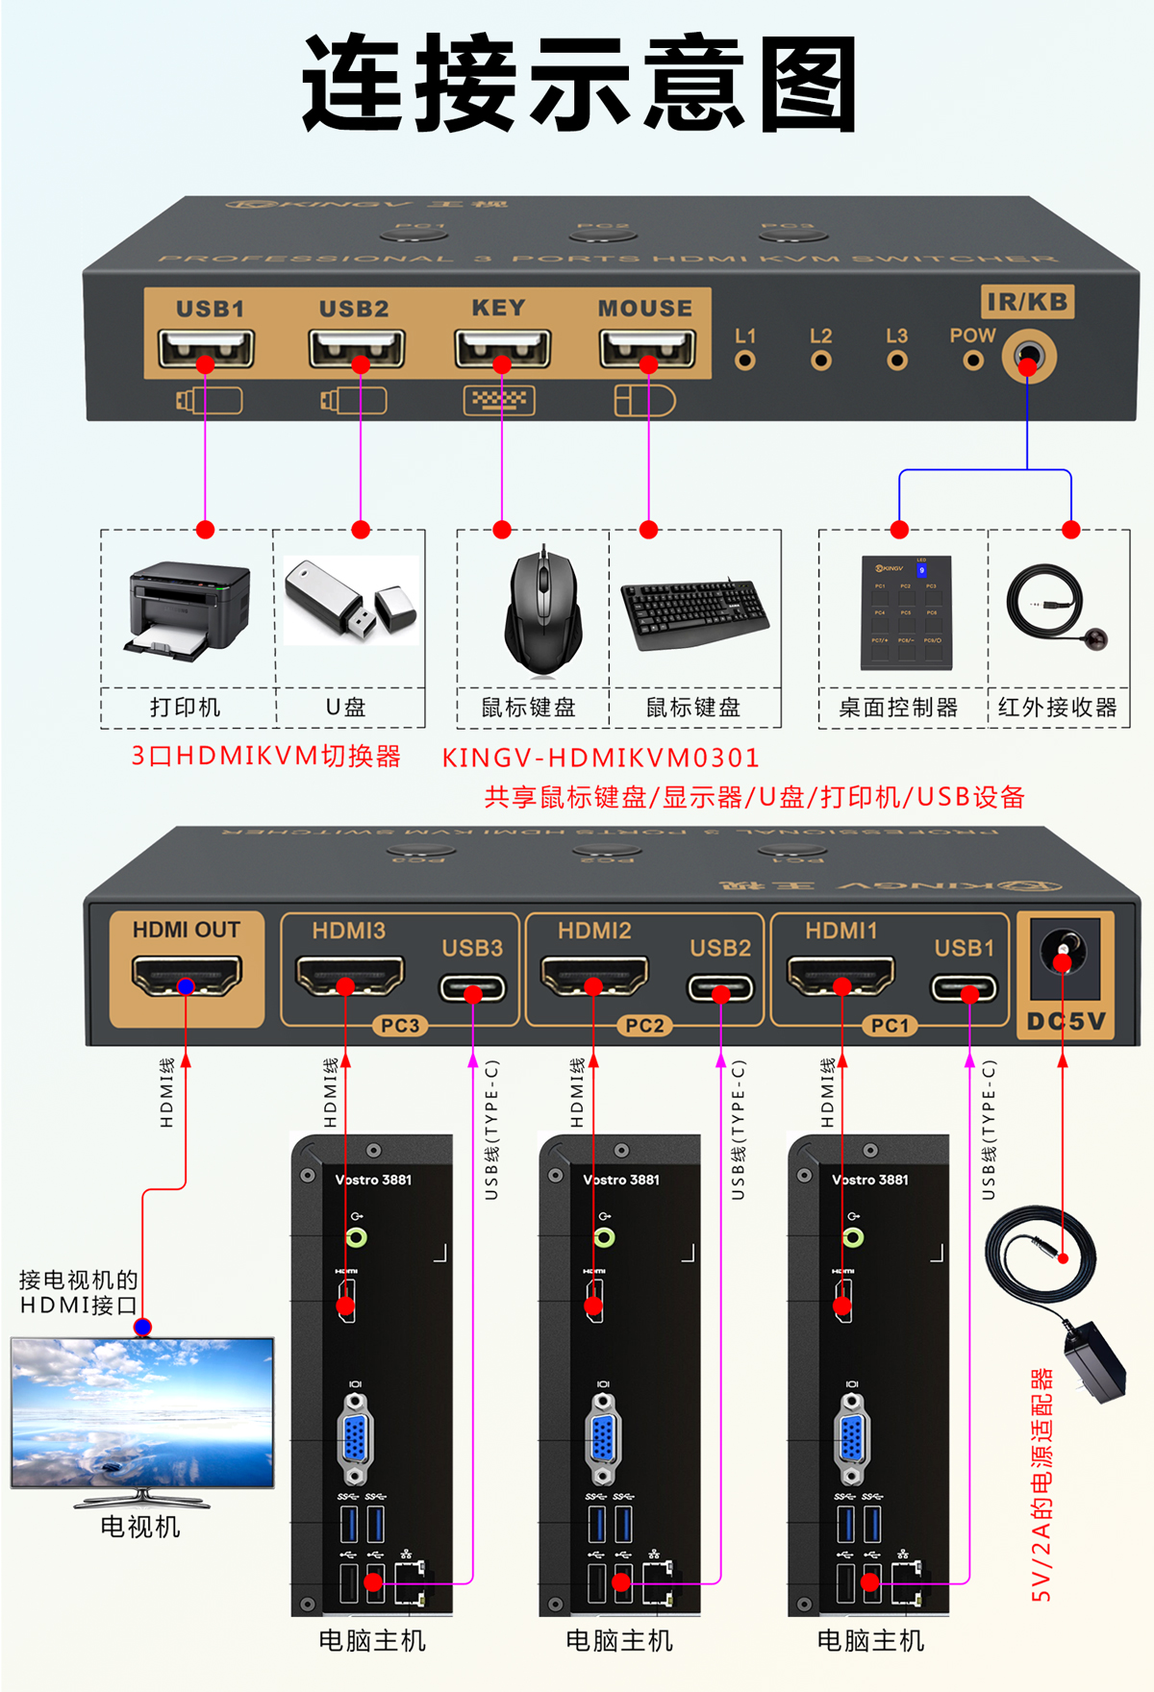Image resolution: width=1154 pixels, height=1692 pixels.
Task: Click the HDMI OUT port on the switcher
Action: coord(187,976)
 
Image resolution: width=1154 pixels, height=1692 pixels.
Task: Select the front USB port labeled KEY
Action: coord(502,349)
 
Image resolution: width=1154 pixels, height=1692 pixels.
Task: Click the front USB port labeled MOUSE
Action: coord(647,349)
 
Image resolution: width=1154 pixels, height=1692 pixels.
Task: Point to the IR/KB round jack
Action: coord(1028,358)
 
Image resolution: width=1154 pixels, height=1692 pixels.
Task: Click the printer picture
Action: coord(188,610)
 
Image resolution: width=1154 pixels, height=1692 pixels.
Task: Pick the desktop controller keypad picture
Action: coord(906,612)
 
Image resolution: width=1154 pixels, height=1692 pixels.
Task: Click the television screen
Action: coord(142,1411)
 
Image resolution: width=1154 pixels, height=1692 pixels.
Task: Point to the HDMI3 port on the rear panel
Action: coord(348,976)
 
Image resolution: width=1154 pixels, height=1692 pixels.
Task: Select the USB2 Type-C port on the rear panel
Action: coord(720,987)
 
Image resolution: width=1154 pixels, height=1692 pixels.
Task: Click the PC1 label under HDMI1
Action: coord(890,1026)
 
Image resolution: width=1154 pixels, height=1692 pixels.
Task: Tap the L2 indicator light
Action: coord(820,361)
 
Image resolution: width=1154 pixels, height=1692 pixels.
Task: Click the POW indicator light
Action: coord(973,361)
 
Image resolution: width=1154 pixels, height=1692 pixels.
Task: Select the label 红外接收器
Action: coord(1057,709)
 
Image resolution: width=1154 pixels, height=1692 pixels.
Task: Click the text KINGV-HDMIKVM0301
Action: coord(600,758)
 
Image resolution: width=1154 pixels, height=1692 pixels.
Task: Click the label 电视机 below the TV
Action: coord(140,1527)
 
